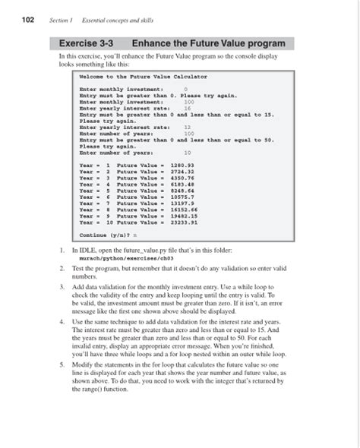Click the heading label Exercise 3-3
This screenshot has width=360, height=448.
pos(89,43)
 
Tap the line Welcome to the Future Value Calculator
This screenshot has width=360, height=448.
pos(143,77)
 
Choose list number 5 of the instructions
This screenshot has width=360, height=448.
pos(61,364)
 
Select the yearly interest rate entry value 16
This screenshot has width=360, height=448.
pos(188,109)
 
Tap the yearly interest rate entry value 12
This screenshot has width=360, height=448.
pos(188,128)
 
